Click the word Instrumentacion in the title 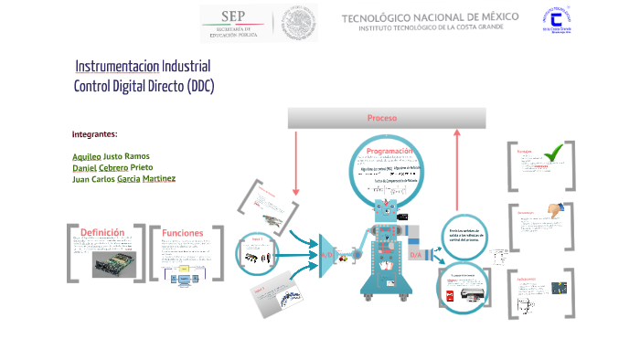[116, 67]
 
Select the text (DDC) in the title [199, 87]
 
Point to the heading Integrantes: [94, 134]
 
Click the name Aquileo [87, 156]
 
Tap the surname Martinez [159, 179]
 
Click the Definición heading [102, 232]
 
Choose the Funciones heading [182, 233]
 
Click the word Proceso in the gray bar [381, 118]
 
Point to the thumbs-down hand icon [552, 209]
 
